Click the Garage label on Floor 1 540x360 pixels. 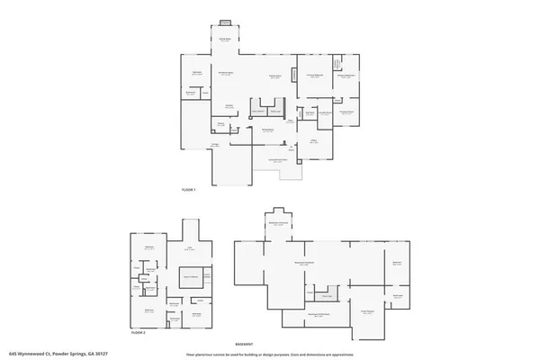[214, 146]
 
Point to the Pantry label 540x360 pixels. [219, 124]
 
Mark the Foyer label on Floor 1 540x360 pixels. [291, 120]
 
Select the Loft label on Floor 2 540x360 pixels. [189, 247]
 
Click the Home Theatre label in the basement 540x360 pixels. [366, 312]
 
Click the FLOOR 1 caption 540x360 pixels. [188, 191]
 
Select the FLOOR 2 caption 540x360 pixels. [138, 333]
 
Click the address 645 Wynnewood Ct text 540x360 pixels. [45, 354]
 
